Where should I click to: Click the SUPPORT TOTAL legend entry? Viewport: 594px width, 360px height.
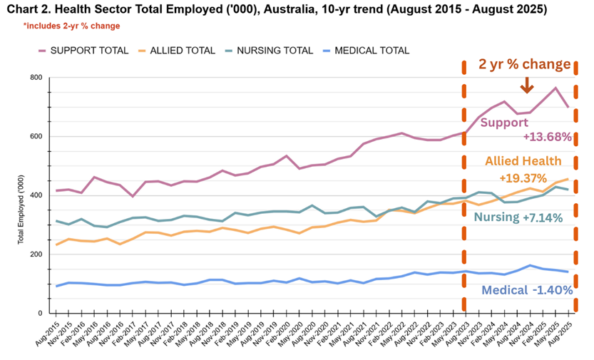coord(83,51)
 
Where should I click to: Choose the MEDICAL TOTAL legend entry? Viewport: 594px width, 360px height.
coord(367,51)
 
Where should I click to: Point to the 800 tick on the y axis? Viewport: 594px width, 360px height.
coord(36,78)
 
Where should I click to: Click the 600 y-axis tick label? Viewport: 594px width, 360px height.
coord(36,137)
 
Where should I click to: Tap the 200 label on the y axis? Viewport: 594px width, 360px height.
coord(36,254)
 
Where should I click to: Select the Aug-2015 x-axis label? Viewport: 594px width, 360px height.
coord(48,332)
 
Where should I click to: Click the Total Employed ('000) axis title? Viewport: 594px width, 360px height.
coord(21,210)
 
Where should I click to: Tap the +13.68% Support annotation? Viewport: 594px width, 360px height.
coord(548,137)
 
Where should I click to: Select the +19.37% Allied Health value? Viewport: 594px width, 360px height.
coord(523,178)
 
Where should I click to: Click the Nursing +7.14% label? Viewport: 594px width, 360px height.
coord(518,217)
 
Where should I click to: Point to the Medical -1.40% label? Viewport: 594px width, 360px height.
coord(527,290)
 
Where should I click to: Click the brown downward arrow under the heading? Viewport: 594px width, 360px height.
coord(527,85)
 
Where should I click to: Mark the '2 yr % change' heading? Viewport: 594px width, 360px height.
coord(525,64)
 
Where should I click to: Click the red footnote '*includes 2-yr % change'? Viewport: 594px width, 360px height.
coord(71,26)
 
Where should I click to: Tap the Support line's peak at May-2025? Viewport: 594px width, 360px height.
coord(555,88)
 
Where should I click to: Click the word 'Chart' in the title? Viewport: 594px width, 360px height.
coord(21,9)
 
